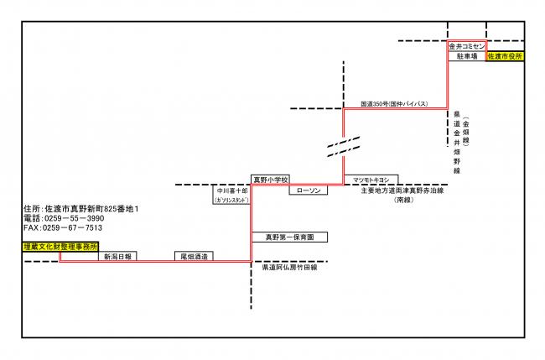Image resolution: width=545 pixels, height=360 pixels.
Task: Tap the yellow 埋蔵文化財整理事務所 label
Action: pyautogui.click(x=61, y=248)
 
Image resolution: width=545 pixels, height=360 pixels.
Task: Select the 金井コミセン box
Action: pyautogui.click(x=466, y=46)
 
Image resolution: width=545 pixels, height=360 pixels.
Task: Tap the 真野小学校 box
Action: pyautogui.click(x=271, y=180)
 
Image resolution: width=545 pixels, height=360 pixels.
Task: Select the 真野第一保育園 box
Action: pyautogui.click(x=289, y=237)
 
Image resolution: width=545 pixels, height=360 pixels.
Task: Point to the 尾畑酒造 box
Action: pyautogui.click(x=194, y=256)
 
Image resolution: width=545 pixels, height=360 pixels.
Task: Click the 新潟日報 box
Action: pyautogui.click(x=117, y=256)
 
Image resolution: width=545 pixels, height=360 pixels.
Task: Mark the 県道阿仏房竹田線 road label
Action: pyautogui.click(x=290, y=267)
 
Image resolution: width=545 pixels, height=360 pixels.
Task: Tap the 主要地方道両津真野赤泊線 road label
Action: pyautogui.click(x=402, y=190)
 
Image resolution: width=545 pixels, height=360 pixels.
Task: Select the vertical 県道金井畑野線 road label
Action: pyautogui.click(x=457, y=143)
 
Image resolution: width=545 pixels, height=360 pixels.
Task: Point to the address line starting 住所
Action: pyautogui.click(x=80, y=207)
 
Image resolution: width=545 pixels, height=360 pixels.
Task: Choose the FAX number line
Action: pyautogui.click(x=64, y=227)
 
